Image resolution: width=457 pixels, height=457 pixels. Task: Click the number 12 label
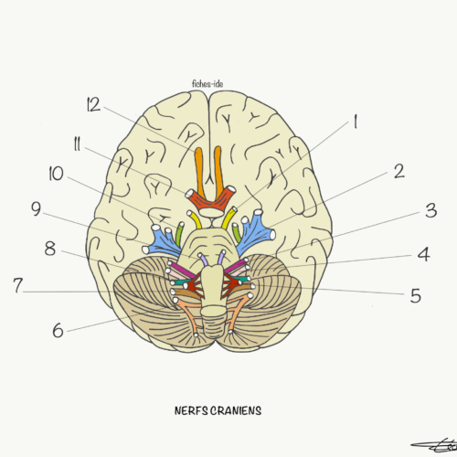93,104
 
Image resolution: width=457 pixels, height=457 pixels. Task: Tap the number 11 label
77,143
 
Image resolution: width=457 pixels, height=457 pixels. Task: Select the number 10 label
57,174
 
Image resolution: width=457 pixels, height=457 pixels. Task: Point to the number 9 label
37,209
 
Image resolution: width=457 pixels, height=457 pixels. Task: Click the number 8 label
50,249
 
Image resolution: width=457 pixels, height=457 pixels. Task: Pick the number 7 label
18,285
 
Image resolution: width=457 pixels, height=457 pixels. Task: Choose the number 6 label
58,330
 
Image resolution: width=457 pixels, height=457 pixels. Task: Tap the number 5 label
416,295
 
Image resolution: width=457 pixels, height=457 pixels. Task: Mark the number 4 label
423,254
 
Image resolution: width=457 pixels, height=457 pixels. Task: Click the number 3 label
431,210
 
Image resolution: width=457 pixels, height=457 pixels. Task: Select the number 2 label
399,171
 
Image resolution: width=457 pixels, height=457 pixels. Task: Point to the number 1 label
355,122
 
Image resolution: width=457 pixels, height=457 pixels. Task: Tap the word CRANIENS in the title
236,410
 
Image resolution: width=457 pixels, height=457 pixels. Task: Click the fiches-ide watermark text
207,84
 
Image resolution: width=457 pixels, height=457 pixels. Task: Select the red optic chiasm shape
211,198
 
